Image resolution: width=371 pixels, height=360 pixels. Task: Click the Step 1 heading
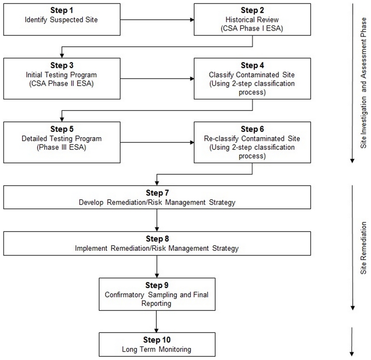tap(61, 10)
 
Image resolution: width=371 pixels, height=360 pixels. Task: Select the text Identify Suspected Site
tap(61, 20)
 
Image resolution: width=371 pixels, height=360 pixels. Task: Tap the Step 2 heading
tap(252, 10)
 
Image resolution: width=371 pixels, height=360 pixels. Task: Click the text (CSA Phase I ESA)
tap(252, 28)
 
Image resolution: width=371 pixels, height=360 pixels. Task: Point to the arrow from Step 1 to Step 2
tap(157, 20)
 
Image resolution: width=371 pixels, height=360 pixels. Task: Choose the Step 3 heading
tap(62, 65)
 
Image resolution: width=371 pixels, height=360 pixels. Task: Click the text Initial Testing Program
tap(61, 75)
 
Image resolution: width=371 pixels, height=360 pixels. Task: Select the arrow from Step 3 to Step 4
tap(157, 78)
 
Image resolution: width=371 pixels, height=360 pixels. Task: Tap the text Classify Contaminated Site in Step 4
tap(252, 75)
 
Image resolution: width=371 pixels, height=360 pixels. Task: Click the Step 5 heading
tap(62, 129)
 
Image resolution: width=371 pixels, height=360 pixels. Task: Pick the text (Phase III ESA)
tap(61, 147)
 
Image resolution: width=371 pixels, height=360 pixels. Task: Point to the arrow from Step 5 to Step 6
tap(157, 142)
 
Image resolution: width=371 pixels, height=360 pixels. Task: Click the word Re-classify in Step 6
tap(222, 138)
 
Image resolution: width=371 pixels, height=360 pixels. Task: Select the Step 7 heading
tap(158, 193)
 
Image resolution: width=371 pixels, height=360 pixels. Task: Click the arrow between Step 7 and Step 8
tap(157, 220)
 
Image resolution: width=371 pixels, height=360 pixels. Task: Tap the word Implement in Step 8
tap(91, 248)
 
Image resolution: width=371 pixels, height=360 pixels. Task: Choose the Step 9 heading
tap(157, 285)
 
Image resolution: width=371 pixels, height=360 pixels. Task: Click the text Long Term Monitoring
tap(157, 349)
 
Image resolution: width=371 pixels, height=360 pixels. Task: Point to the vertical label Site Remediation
tap(364, 248)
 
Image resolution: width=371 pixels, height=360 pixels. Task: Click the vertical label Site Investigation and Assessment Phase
tap(364, 83)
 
